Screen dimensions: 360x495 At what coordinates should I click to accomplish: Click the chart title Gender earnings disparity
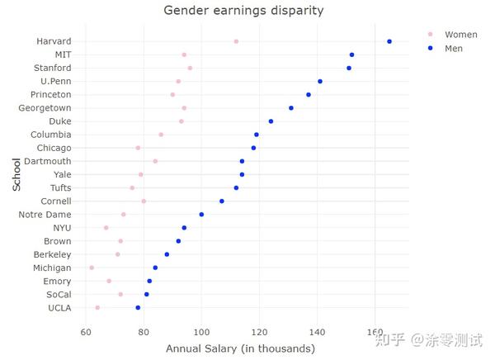pyautogui.click(x=243, y=11)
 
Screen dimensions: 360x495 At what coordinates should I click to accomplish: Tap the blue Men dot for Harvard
pyautogui.click(x=389, y=41)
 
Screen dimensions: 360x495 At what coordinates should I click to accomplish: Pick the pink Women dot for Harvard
pyautogui.click(x=236, y=41)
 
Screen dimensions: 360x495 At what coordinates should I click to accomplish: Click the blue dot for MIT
pyautogui.click(x=351, y=54)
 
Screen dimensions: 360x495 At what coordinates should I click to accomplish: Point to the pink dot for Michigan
pyautogui.click(x=92, y=268)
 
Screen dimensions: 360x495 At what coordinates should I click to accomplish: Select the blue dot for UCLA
pyautogui.click(x=138, y=308)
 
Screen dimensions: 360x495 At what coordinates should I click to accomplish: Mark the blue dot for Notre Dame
pyautogui.click(x=201, y=215)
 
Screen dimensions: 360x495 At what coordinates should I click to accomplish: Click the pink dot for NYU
pyautogui.click(x=106, y=228)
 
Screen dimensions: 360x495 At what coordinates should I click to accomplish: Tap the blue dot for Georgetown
pyautogui.click(x=291, y=108)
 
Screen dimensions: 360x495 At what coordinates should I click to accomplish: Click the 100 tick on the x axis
pyautogui.click(x=202, y=332)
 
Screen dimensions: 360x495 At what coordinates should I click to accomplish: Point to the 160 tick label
pyautogui.click(x=375, y=332)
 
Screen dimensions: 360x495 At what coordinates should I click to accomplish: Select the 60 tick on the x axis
pyautogui.click(x=86, y=332)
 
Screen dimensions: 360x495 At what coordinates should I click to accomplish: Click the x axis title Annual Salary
pyautogui.click(x=240, y=348)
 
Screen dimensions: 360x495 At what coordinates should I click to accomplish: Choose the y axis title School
pyautogui.click(x=16, y=174)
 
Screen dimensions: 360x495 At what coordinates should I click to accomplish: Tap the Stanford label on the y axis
pyautogui.click(x=52, y=68)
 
